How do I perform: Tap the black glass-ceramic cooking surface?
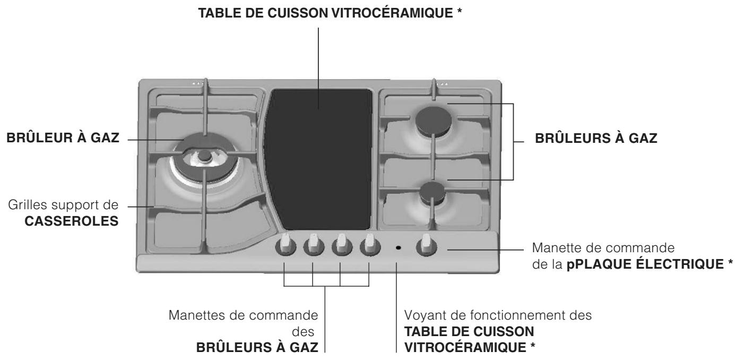318,159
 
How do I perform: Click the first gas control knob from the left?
285,245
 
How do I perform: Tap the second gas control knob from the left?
314,245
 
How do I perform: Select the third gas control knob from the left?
342,245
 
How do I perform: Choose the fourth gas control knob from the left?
370,245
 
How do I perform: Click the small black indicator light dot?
398,248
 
